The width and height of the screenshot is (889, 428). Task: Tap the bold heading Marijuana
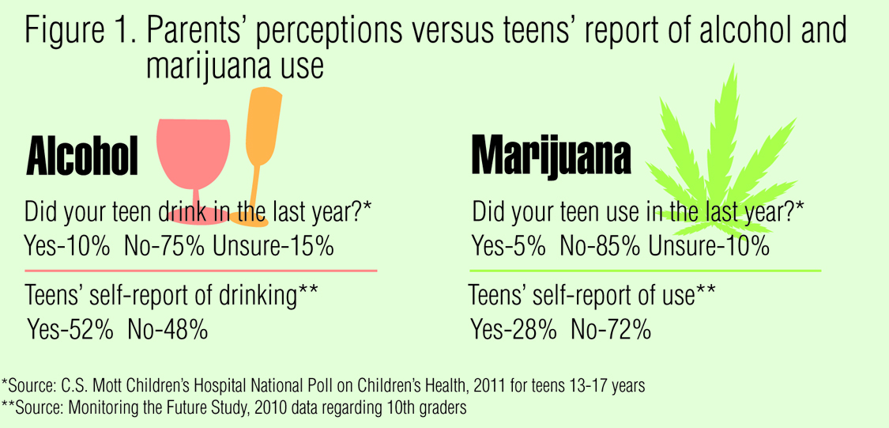pyautogui.click(x=551, y=155)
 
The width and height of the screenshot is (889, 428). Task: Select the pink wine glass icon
pyautogui.click(x=193, y=150)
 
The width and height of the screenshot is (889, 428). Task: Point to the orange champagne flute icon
pyautogui.click(x=259, y=134)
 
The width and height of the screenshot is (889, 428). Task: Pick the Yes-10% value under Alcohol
pyautogui.click(x=67, y=246)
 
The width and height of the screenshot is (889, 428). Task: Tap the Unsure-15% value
pyautogui.click(x=273, y=246)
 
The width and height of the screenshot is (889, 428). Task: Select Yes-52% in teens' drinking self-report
pyautogui.click(x=70, y=328)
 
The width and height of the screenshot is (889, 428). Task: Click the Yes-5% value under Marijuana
pyautogui.click(x=509, y=246)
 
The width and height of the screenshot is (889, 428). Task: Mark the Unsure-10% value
pyautogui.click(x=709, y=246)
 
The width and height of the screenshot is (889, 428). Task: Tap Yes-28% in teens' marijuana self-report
pyautogui.click(x=513, y=328)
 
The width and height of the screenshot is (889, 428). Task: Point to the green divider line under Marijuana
pyautogui.click(x=643, y=271)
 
